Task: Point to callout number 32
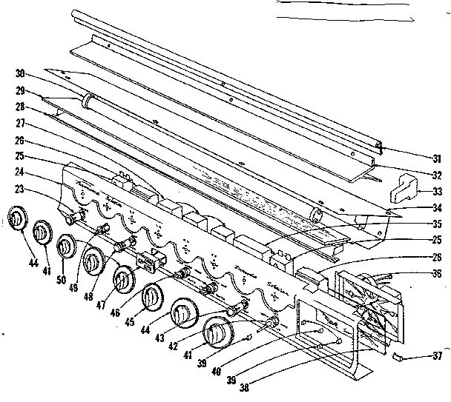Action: (x=437, y=175)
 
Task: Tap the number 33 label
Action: (x=437, y=192)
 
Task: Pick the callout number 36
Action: (x=437, y=272)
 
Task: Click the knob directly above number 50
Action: (x=67, y=247)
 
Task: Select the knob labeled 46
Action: (x=151, y=299)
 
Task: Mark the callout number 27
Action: (x=21, y=124)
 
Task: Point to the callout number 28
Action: (x=21, y=107)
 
